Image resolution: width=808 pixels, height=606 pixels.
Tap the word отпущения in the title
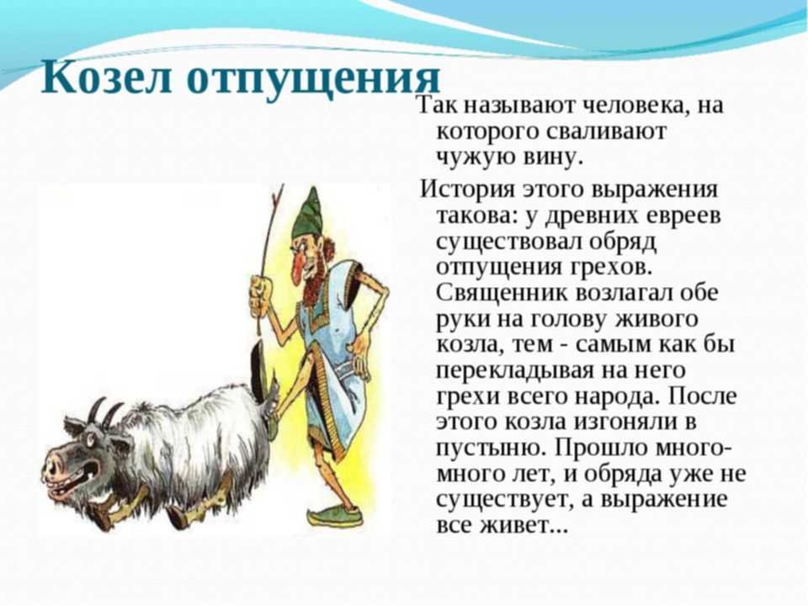pyautogui.click(x=314, y=79)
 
